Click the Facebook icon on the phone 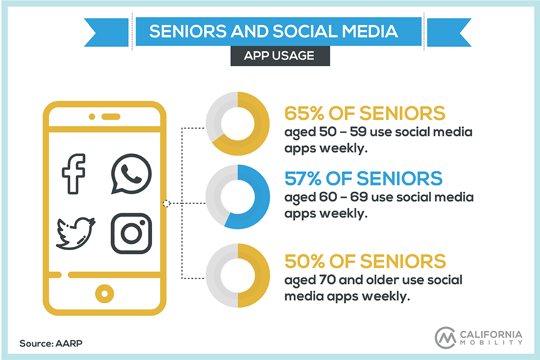73,174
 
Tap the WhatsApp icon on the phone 131,174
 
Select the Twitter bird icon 75,234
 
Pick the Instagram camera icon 131,234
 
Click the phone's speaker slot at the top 111,117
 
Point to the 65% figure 305,113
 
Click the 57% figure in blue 303,179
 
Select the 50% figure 305,261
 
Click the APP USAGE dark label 280,56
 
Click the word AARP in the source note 69,343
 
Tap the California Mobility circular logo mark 445,337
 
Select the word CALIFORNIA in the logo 491,334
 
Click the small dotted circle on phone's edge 166,203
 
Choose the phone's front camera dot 92,117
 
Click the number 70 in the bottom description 328,280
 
